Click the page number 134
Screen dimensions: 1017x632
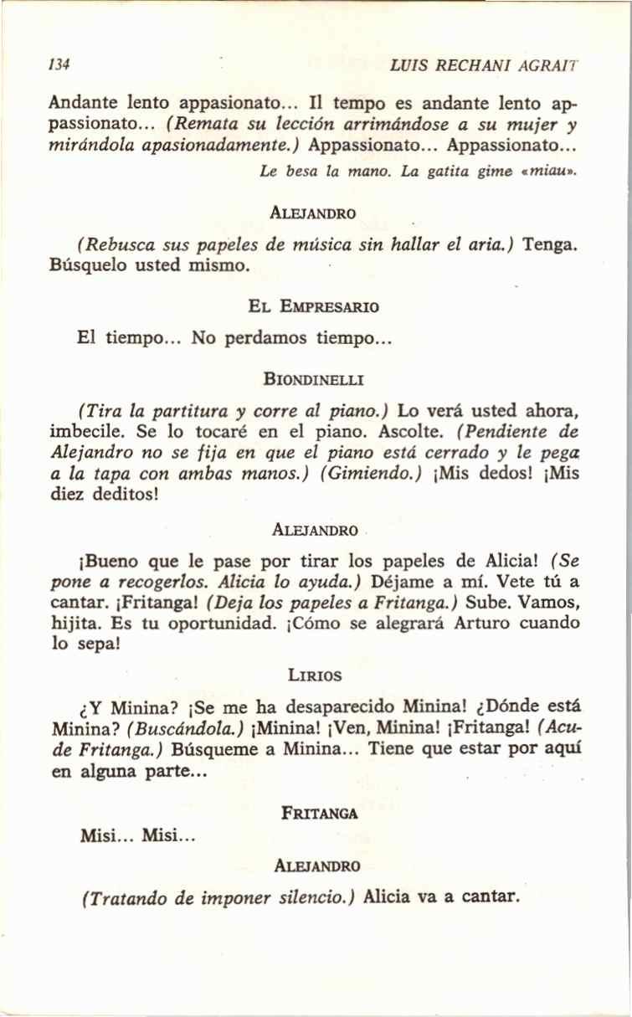(x=59, y=64)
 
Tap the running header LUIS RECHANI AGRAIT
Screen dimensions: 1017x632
(x=485, y=64)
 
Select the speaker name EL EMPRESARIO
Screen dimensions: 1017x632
(x=314, y=306)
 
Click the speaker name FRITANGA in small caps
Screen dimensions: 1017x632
(x=321, y=812)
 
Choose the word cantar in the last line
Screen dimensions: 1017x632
(x=491, y=897)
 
